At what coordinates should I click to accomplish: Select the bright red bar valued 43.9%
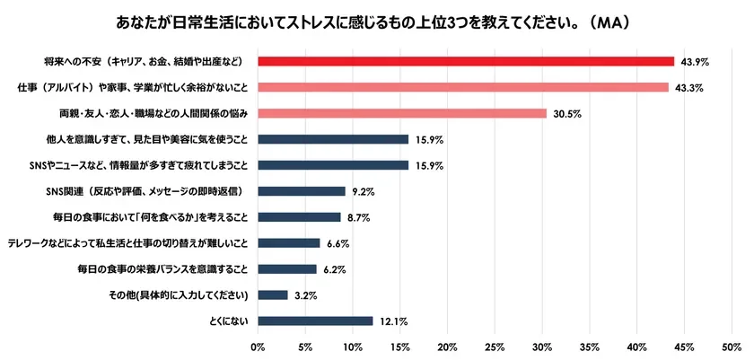pyautogui.click(x=466, y=61)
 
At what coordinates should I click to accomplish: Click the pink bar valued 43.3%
pyautogui.click(x=463, y=87)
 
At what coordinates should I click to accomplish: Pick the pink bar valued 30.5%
pyautogui.click(x=402, y=113)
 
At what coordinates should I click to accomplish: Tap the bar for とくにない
pyautogui.click(x=315, y=320)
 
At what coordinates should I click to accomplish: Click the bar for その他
pyautogui.click(x=273, y=294)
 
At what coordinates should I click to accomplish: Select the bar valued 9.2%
pyautogui.click(x=302, y=191)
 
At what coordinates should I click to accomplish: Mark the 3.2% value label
pyautogui.click(x=304, y=294)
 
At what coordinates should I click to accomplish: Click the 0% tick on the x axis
pyautogui.click(x=259, y=345)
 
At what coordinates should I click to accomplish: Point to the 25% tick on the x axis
pyautogui.click(x=495, y=345)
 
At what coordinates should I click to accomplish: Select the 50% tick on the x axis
pyautogui.click(x=732, y=345)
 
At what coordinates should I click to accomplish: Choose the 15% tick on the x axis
pyautogui.click(x=400, y=345)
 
